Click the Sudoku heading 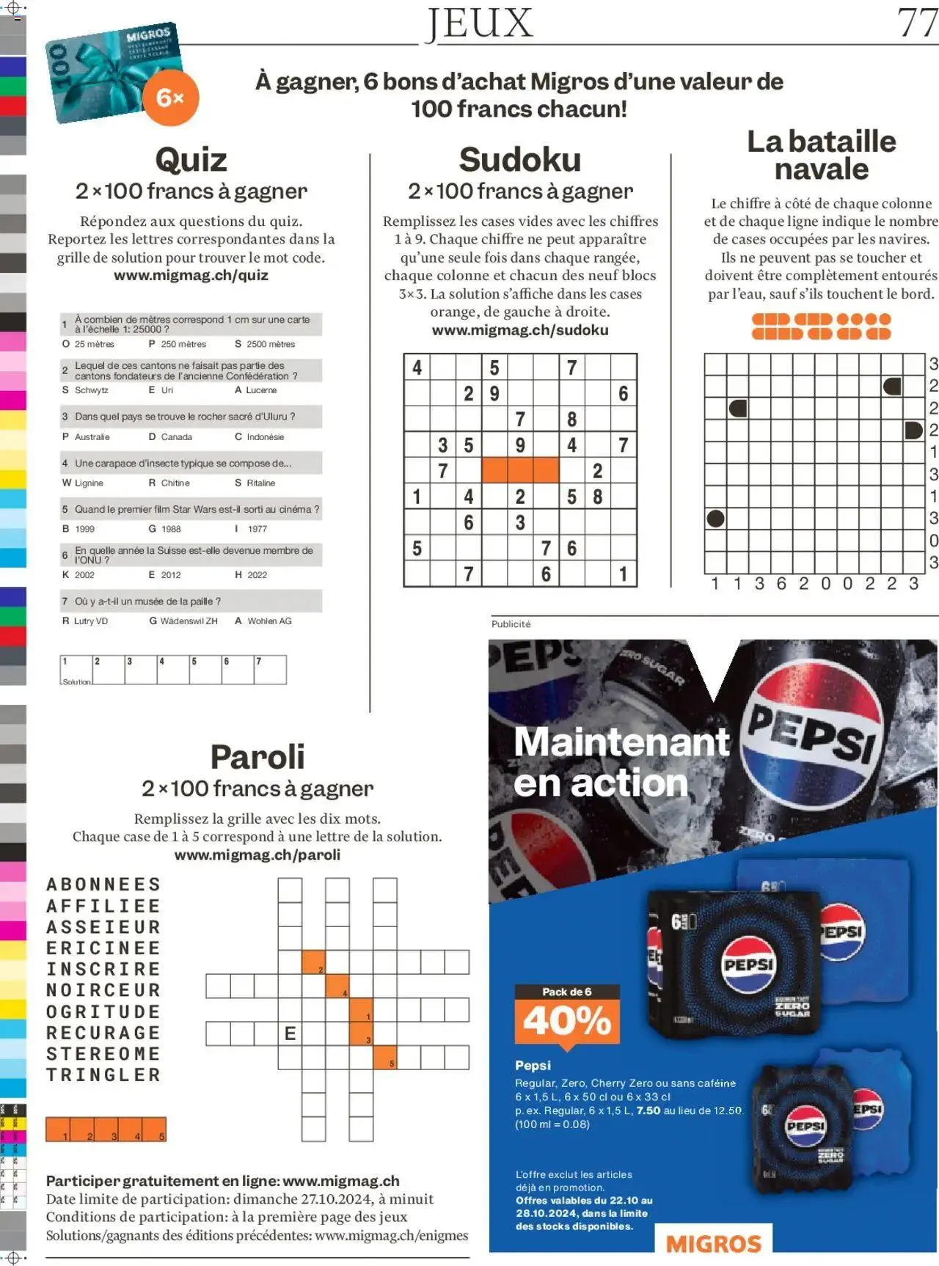coord(519,160)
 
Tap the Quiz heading coord(191,160)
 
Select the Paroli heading coord(257,757)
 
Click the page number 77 coord(917,23)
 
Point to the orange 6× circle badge coord(170,98)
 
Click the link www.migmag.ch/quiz coord(191,276)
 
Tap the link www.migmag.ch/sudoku coord(519,330)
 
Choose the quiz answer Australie coord(92,437)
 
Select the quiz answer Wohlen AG coord(268,621)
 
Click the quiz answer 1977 coord(257,529)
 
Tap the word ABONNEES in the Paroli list coord(103,885)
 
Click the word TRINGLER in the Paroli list coord(103,1075)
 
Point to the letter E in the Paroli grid coord(290,1033)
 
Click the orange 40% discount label coord(567,1020)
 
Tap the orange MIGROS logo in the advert coord(713,1244)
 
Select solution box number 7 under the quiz coord(270,670)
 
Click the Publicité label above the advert coord(511,624)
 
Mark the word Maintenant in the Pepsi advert coord(621,742)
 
